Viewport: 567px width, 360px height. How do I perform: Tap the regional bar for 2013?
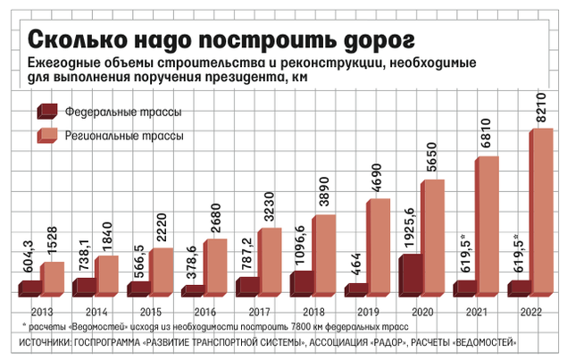click(52, 278)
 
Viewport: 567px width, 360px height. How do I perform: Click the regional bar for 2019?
click(378, 247)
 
